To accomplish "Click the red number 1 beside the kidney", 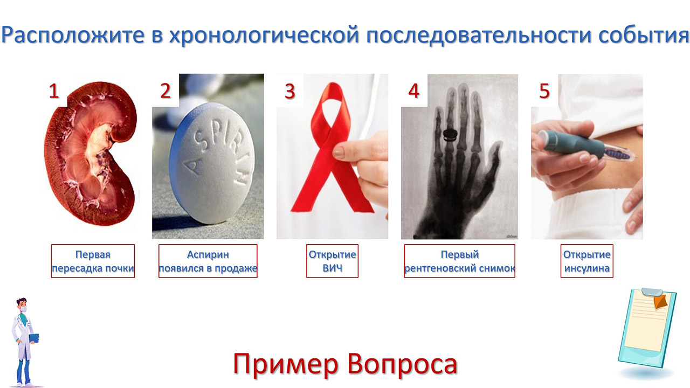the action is (54, 91).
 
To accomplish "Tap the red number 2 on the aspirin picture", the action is (165, 91).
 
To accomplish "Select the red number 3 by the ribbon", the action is (290, 91).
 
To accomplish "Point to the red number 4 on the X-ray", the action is (413, 91).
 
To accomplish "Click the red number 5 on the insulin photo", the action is (544, 91).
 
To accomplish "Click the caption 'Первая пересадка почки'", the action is (93, 261).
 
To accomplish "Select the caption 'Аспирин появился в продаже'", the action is (208, 261).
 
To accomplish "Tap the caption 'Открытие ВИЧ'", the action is (333, 261).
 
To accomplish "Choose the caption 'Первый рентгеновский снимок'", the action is (460, 261).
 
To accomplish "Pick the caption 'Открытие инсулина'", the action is (587, 261).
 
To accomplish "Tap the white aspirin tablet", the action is (212, 163).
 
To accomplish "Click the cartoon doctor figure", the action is (25, 342).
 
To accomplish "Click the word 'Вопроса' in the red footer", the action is (402, 365).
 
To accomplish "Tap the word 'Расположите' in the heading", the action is (73, 34).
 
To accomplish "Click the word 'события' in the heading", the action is (644, 34).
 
